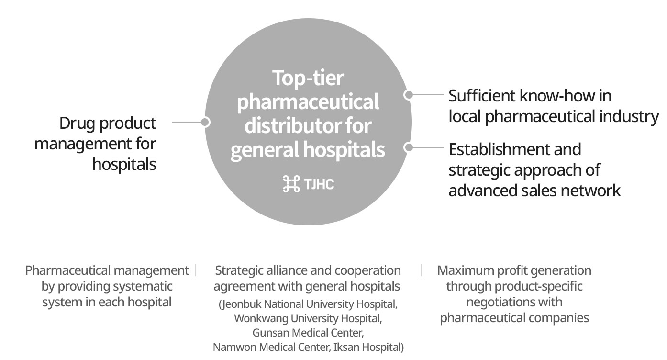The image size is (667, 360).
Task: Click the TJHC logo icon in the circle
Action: (291, 184)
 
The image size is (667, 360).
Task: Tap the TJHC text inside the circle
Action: (319, 184)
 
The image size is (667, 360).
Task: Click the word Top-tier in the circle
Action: (308, 78)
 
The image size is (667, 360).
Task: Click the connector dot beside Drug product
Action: (205, 122)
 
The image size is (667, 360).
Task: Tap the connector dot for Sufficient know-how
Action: (409, 95)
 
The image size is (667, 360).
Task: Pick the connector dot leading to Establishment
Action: (409, 147)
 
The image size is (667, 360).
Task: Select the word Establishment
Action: (514, 149)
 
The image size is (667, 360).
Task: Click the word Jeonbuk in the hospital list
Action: (240, 304)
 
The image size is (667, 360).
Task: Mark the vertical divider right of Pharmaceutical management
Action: (195, 270)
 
